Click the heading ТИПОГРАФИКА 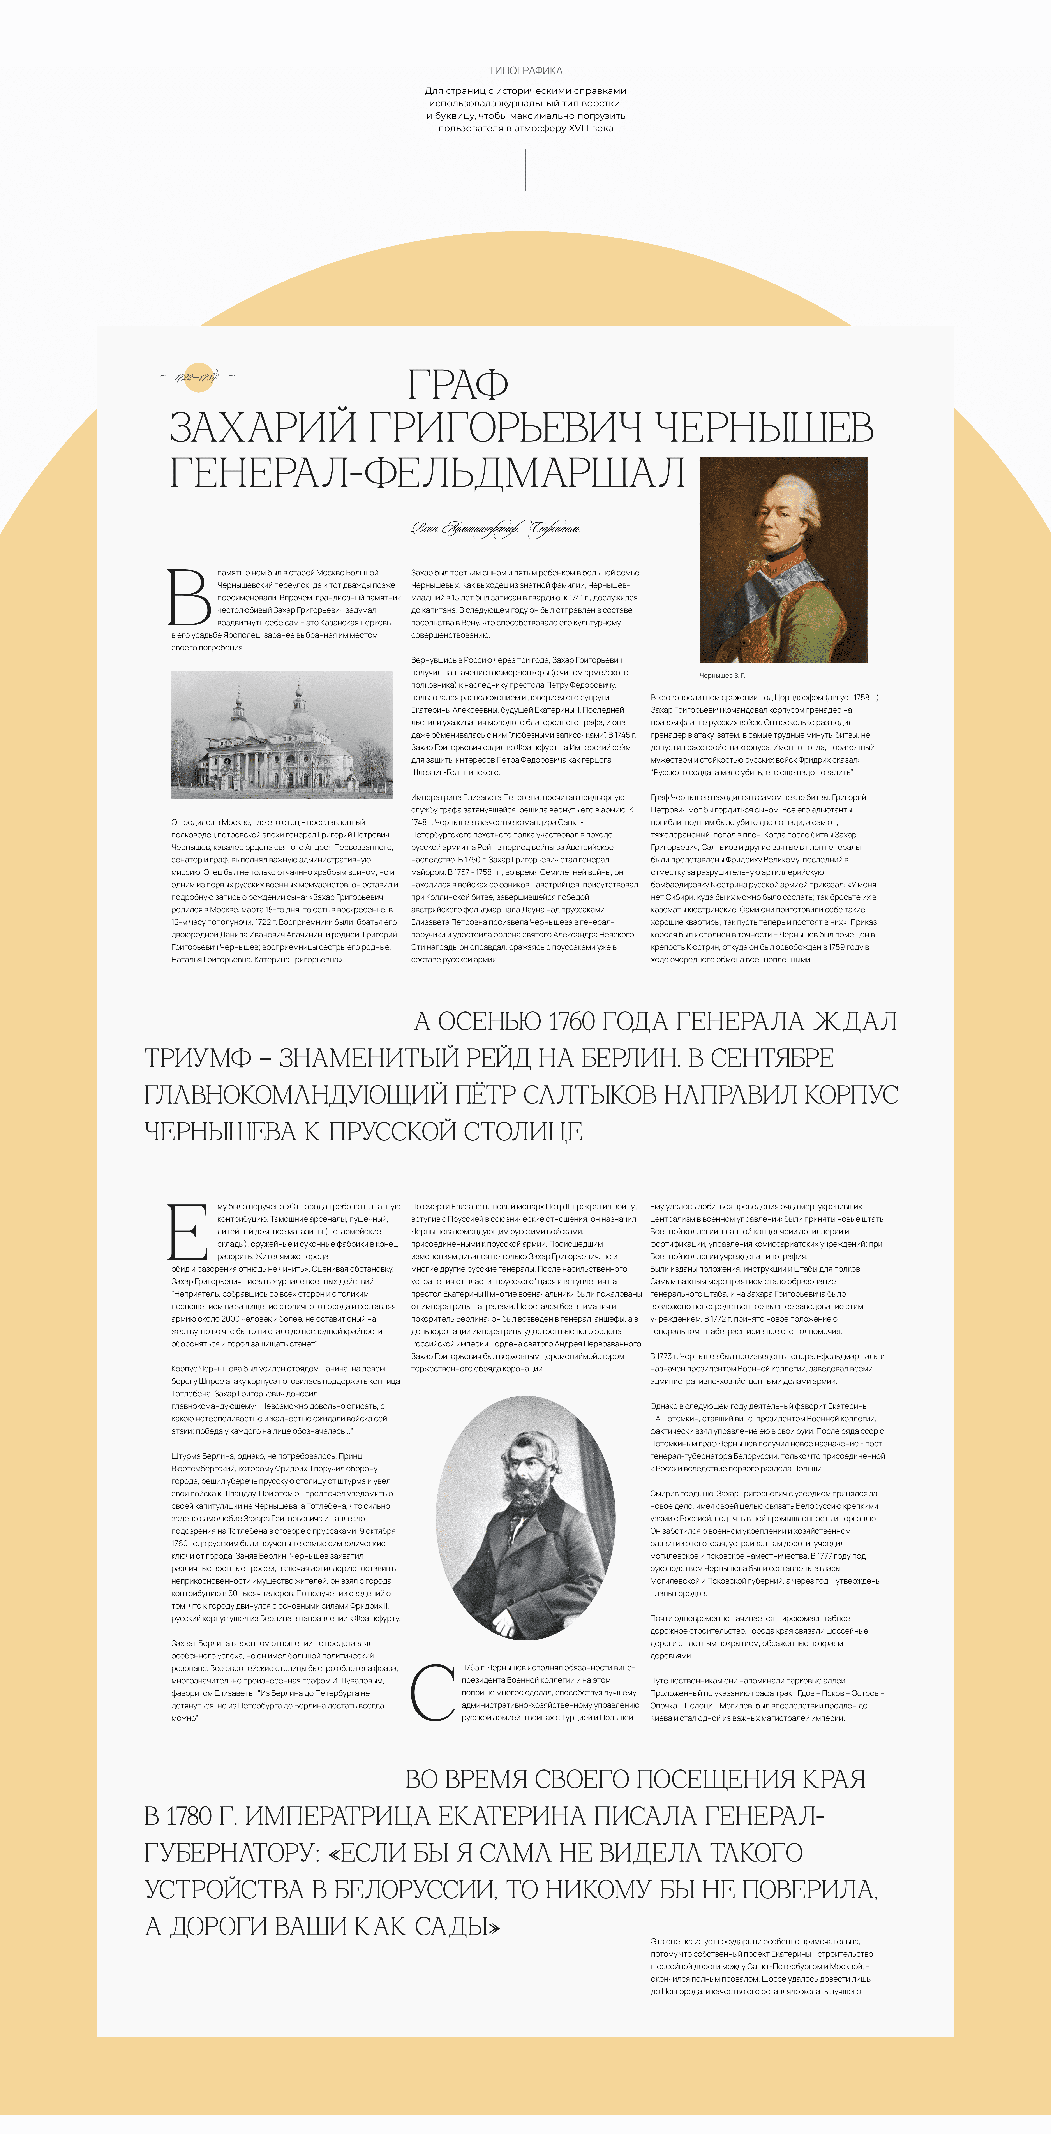(x=525, y=70)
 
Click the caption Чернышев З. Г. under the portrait (x=722, y=675)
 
